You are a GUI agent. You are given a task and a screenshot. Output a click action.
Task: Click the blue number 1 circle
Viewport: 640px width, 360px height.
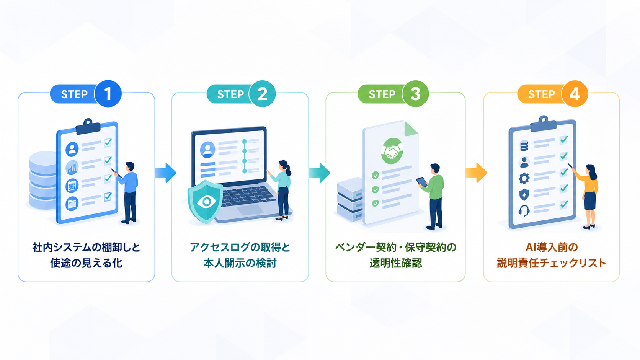point(108,94)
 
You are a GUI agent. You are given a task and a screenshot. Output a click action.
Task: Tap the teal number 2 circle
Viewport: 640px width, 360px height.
point(262,94)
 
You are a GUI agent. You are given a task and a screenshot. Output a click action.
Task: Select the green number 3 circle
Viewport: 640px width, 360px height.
point(415,94)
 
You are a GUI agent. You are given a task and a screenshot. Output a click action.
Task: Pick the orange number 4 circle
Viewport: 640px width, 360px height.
point(575,94)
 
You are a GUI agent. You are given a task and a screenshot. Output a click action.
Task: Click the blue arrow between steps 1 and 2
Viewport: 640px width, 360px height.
point(166,173)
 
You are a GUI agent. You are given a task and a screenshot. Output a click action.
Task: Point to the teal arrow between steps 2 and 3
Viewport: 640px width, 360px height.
point(320,173)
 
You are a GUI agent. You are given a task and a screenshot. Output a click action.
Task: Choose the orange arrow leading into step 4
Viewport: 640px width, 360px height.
point(476,173)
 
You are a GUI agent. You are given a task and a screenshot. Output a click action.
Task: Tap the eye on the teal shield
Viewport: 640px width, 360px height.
point(206,202)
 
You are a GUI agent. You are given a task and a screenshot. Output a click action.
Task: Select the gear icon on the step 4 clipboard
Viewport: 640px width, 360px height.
point(524,178)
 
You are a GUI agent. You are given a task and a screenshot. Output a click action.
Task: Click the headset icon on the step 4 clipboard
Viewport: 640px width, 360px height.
point(524,211)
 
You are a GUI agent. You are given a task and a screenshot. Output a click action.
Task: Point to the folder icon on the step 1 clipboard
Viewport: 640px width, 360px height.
point(72,204)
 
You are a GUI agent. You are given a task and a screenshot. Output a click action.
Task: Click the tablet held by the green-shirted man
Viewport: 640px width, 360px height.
point(422,182)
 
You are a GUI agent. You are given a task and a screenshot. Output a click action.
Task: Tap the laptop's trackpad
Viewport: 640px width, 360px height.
point(250,210)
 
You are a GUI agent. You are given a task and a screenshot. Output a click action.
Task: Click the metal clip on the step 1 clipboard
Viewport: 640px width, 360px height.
point(88,127)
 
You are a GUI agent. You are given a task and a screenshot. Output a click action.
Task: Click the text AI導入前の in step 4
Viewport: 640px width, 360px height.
point(551,247)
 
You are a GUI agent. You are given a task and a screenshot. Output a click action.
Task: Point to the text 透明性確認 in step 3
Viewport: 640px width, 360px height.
point(396,263)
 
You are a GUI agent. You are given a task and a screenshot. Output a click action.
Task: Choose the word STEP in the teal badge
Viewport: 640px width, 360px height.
point(230,94)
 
